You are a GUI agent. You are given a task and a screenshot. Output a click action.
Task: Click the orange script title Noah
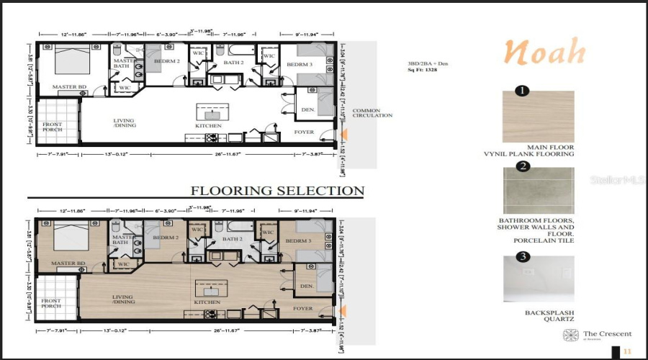[x=544, y=53]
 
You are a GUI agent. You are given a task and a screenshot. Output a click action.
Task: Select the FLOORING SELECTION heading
[x=277, y=191]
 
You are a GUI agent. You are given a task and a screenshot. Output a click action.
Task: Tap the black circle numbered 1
[x=523, y=91]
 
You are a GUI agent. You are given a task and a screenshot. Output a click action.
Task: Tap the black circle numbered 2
[x=523, y=167]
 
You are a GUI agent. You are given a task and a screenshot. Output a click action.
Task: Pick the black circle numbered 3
[x=523, y=256]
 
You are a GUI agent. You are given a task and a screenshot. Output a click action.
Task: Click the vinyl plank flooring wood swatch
[x=538, y=116]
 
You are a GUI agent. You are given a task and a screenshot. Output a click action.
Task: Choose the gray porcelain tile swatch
[x=538, y=191]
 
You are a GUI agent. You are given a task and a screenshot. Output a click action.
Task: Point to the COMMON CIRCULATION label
[x=372, y=113]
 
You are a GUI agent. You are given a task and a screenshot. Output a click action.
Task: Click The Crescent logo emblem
[x=571, y=335]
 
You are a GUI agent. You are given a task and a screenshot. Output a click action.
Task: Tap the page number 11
[x=627, y=351]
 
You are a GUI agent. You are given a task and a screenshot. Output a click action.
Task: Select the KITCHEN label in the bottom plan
[x=207, y=302]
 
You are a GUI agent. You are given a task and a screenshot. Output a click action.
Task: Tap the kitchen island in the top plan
[x=212, y=114]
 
